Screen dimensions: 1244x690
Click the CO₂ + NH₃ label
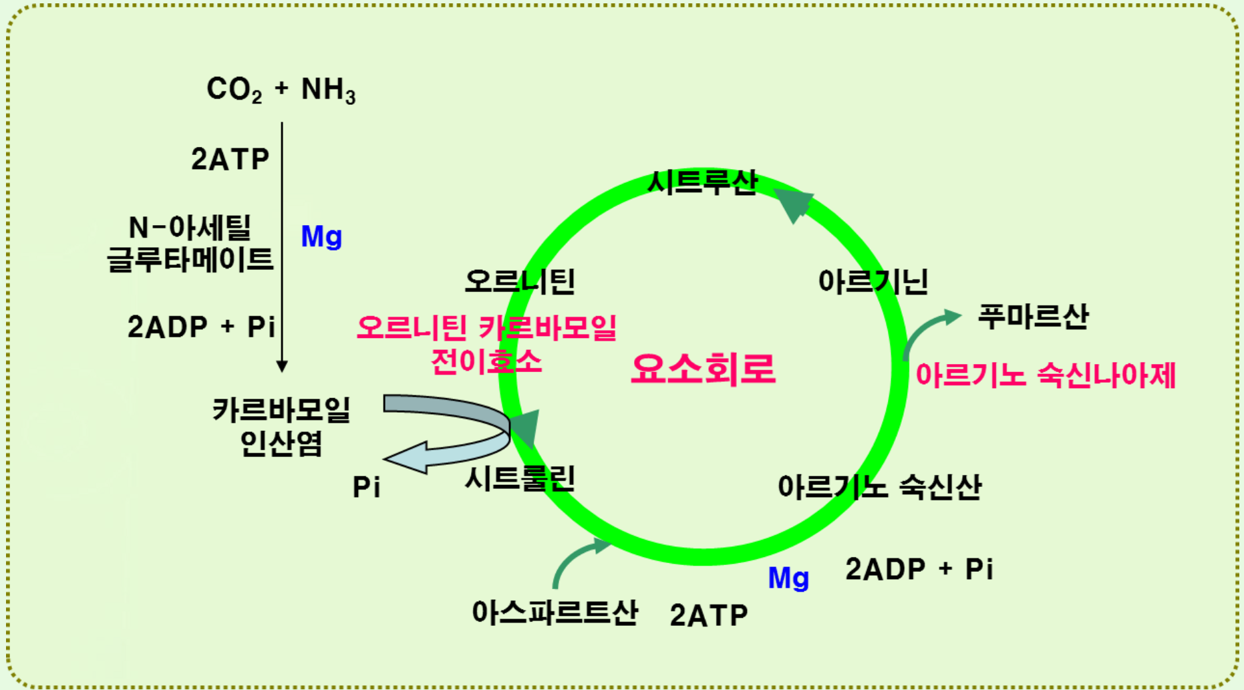(281, 90)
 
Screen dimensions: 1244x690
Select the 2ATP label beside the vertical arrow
(230, 159)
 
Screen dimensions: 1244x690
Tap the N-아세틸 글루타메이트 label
(190, 243)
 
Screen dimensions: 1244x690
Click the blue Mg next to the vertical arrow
(321, 236)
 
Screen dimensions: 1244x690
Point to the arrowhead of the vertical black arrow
(282, 365)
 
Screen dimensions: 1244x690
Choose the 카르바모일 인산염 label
(281, 426)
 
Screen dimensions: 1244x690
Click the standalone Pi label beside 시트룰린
(366, 488)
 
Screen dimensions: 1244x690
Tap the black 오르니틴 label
(520, 281)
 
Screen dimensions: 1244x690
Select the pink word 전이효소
(486, 362)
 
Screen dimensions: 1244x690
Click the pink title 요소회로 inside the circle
(703, 369)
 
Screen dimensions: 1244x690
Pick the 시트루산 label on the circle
(703, 182)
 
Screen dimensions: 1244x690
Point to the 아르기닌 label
(873, 281)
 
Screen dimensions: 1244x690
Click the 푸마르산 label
(1033, 316)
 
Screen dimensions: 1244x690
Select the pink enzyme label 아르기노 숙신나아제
(1045, 375)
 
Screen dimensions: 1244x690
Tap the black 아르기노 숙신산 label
(879, 487)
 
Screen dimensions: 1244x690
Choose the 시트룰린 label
(520, 478)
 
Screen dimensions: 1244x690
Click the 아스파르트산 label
(555, 612)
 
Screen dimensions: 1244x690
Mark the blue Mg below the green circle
(788, 578)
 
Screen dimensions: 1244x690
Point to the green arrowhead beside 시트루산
(794, 204)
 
